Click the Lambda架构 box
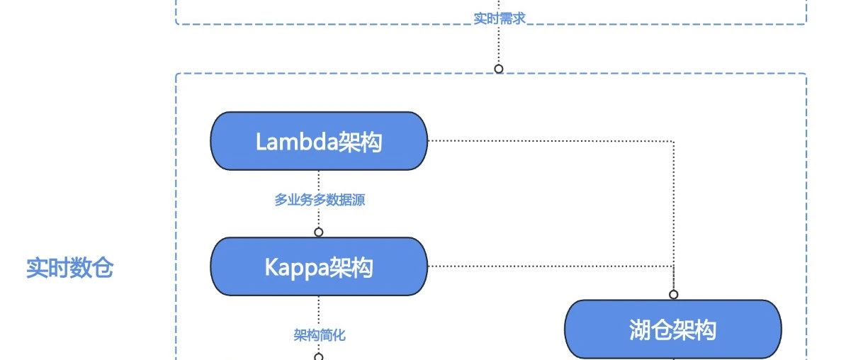tap(319, 141)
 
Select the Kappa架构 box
tap(319, 266)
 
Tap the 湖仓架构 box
tap(672, 330)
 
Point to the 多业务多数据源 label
tap(320, 201)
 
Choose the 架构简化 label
tap(320, 335)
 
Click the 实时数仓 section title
tap(69, 269)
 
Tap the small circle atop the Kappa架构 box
tap(319, 232)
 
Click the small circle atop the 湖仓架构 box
tap(674, 294)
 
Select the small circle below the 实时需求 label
tap(499, 69)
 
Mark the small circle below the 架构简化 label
tap(319, 356)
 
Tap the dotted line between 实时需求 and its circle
tap(499, 46)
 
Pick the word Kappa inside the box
tap(297, 267)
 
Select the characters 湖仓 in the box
tap(650, 330)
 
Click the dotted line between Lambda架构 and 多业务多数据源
tap(319, 180)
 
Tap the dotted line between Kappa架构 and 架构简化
tap(319, 310)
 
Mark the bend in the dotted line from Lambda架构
tap(674, 141)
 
